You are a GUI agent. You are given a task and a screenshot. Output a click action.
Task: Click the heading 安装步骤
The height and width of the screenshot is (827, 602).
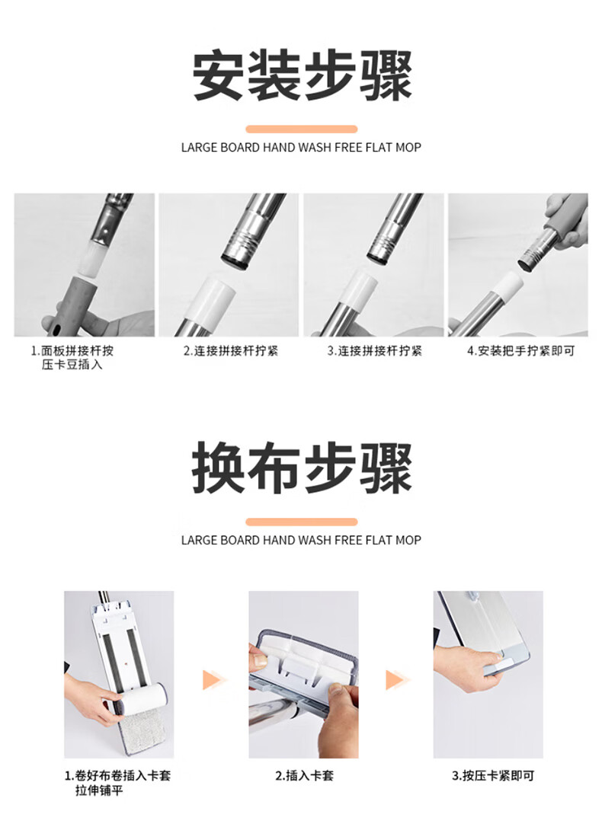point(301,75)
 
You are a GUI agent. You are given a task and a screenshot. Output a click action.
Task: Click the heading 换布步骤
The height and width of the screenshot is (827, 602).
point(301,468)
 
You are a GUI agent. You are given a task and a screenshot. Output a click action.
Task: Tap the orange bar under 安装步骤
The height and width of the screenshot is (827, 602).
point(301,129)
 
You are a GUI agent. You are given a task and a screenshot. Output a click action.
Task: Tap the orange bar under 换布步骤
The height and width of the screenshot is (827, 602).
point(301,522)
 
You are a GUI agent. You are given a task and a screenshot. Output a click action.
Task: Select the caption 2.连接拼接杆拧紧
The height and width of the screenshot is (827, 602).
point(231,351)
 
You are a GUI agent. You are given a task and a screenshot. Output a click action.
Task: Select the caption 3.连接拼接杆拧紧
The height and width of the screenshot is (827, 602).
point(375,351)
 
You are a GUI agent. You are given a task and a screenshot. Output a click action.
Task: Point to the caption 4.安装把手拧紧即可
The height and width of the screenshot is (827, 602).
point(520,351)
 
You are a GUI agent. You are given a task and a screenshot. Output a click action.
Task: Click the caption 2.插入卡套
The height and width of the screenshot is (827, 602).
point(305,775)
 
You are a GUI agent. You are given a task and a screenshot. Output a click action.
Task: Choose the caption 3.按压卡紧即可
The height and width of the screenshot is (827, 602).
point(493,775)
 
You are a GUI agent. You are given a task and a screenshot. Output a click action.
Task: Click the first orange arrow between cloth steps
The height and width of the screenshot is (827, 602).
point(213,680)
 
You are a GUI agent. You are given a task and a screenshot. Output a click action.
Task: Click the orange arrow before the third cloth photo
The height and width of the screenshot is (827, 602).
point(395,680)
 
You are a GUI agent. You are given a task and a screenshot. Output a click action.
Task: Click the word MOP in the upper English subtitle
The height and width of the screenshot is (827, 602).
point(408,147)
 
